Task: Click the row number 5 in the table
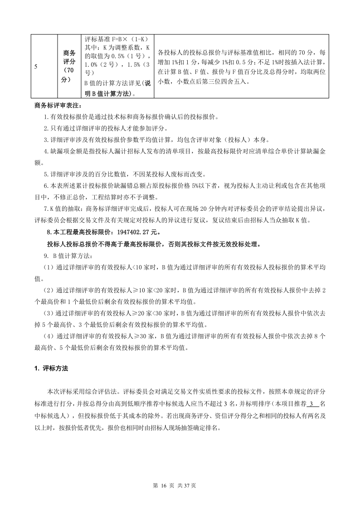[36, 66]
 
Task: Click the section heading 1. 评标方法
[51, 368]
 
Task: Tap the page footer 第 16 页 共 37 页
[180, 485]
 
